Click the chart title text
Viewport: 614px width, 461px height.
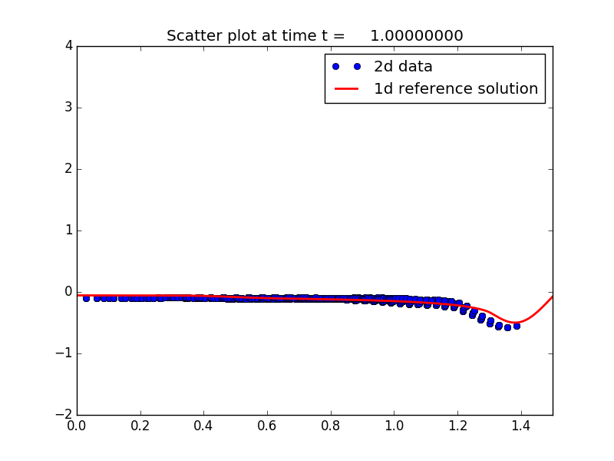315,36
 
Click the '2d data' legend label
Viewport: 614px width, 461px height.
403,67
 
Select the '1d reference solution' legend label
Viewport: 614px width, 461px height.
456,89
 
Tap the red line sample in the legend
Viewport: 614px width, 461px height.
346,89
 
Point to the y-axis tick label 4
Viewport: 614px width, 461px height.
68,46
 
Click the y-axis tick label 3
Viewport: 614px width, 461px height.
68,108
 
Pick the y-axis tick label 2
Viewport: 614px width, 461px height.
68,169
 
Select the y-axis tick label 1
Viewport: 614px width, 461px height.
68,230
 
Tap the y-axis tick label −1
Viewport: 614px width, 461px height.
64,353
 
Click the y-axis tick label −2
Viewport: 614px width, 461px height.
64,415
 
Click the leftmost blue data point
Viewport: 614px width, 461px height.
86,297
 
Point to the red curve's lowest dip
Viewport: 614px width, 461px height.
516,323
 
